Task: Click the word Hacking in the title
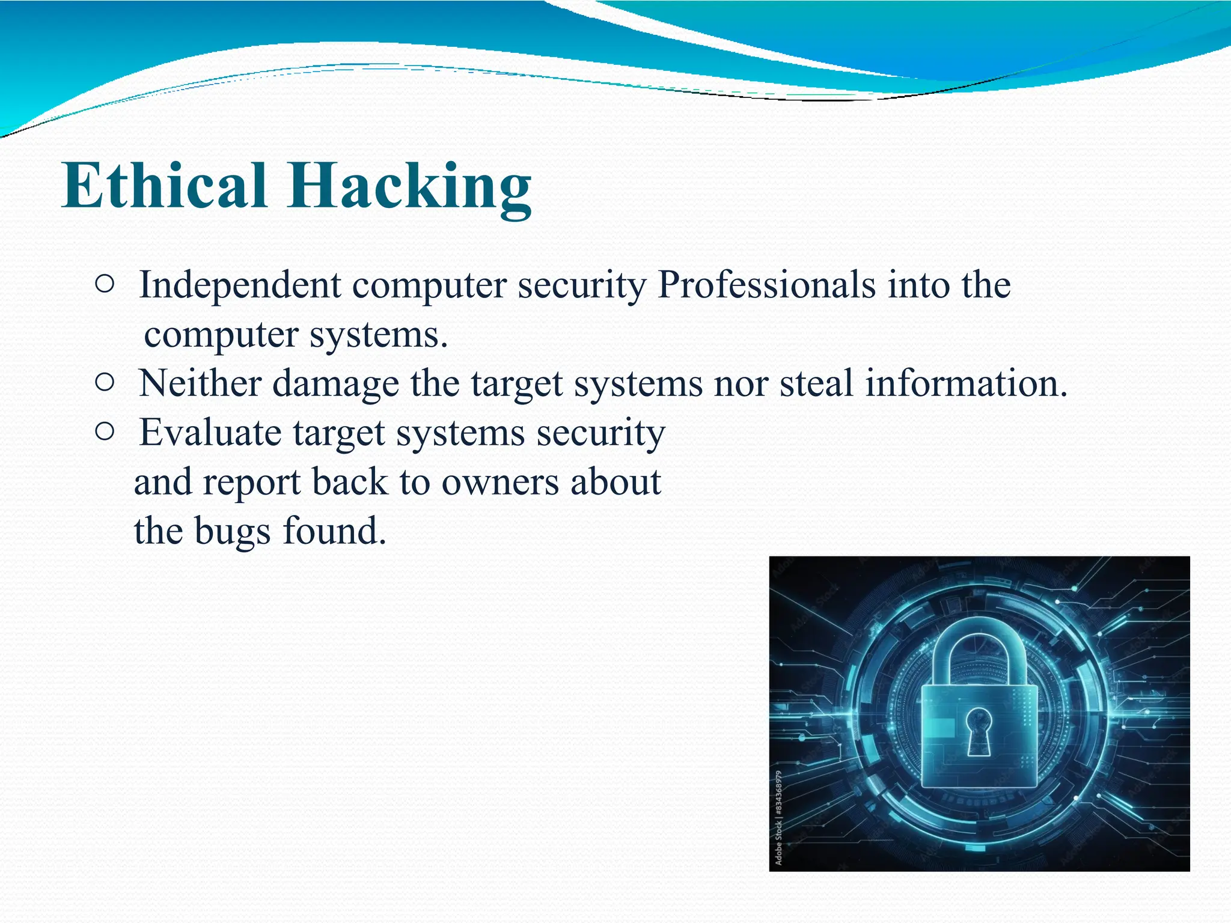(x=409, y=187)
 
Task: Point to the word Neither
(x=200, y=383)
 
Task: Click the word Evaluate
(x=210, y=433)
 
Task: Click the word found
(x=334, y=531)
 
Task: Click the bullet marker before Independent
(x=104, y=285)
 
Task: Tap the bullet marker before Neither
(x=104, y=383)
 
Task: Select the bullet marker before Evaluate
(x=104, y=431)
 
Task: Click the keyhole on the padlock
(x=979, y=730)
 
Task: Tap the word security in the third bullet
(x=600, y=433)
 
